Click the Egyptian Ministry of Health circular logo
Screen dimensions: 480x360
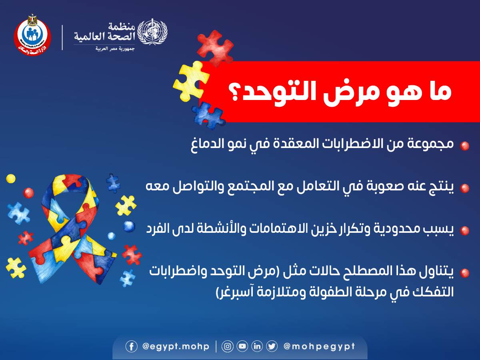pyautogui.click(x=32, y=36)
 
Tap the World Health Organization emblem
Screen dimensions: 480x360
pyautogui.click(x=152, y=32)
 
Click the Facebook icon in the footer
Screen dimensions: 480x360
pyautogui.click(x=132, y=346)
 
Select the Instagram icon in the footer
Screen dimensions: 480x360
pyautogui.click(x=228, y=346)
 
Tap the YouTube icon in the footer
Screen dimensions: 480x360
pyautogui.click(x=242, y=346)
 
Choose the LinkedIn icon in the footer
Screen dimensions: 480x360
pyautogui.click(x=257, y=346)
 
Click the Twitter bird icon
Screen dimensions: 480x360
pyautogui.click(x=272, y=346)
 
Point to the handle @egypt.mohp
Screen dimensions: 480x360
pyautogui.click(x=176, y=347)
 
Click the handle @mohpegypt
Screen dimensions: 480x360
pyautogui.click(x=319, y=347)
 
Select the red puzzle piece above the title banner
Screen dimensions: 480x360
pyautogui.click(x=215, y=48)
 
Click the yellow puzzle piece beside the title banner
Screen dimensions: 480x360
pyautogui.click(x=191, y=81)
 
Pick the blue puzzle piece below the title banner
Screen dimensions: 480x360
pyautogui.click(x=208, y=115)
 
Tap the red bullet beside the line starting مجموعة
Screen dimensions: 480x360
pyautogui.click(x=464, y=146)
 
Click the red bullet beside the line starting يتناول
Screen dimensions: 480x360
pyautogui.click(x=464, y=273)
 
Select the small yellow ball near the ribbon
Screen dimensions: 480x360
pyautogui.click(x=11, y=178)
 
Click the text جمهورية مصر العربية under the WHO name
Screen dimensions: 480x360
pyautogui.click(x=115, y=48)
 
